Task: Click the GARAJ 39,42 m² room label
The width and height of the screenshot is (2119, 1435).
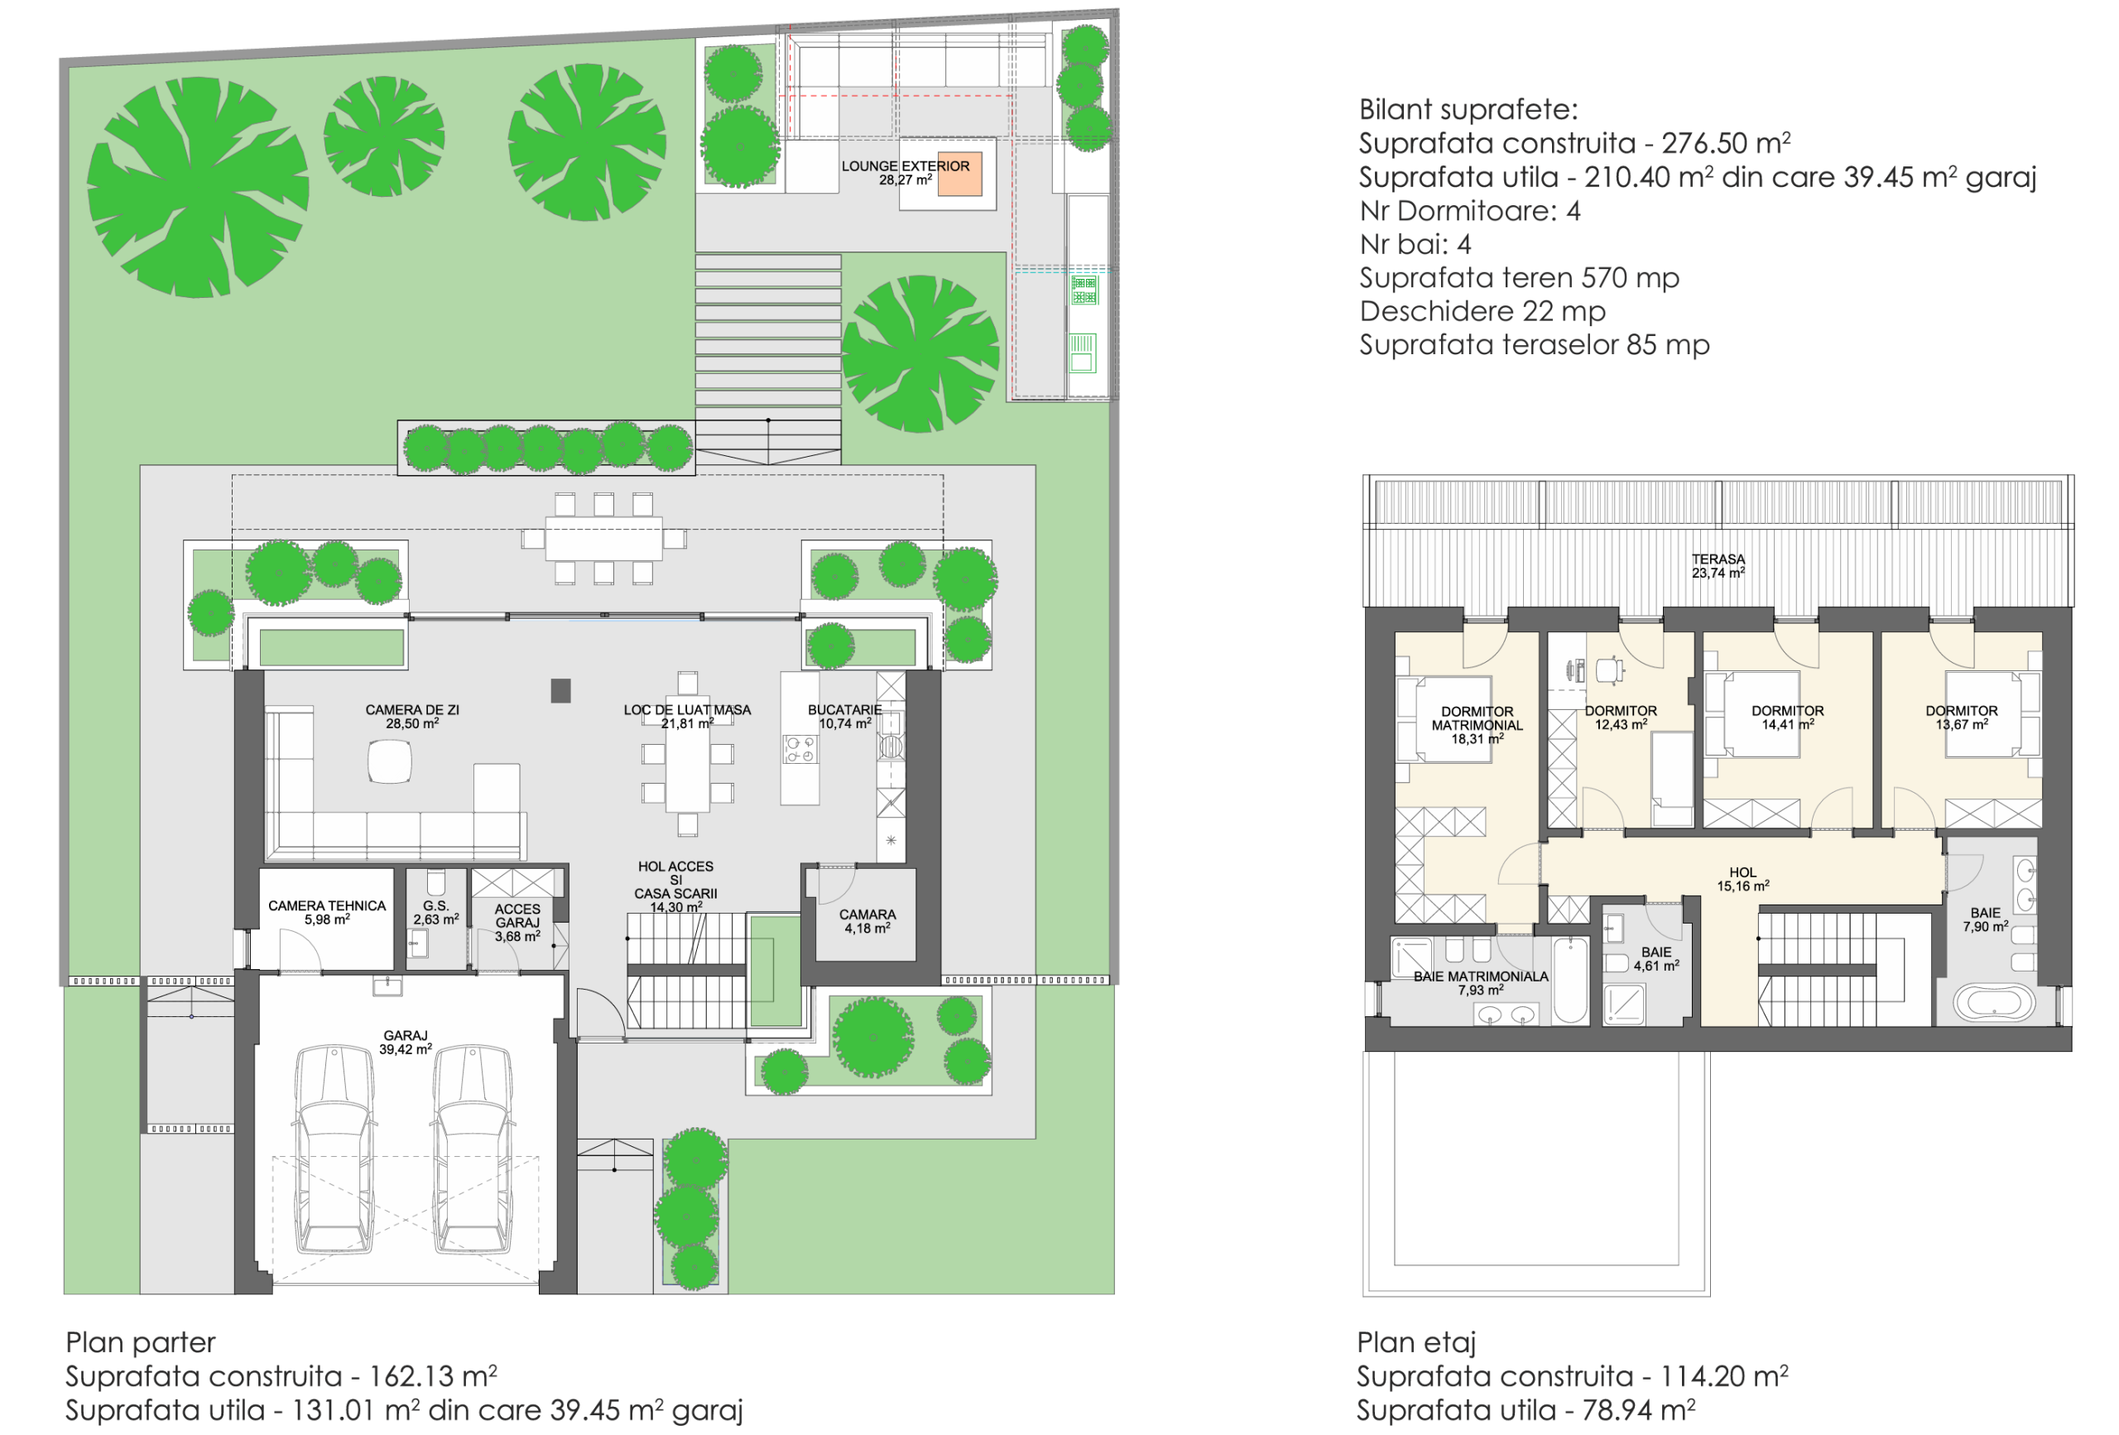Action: (405, 1042)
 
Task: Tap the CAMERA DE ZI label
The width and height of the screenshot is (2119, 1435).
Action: (412, 716)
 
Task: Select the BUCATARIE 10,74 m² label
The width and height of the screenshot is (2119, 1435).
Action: (844, 716)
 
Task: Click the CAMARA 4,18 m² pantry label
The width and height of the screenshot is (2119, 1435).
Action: (867, 921)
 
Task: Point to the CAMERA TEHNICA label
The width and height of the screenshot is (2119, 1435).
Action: (326, 912)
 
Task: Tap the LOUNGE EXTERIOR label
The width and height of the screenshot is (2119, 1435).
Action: (905, 172)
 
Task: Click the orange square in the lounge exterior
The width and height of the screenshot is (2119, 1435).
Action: (959, 174)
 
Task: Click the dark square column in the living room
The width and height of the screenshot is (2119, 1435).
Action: (560, 690)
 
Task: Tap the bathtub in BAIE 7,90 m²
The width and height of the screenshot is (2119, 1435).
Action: (1993, 1003)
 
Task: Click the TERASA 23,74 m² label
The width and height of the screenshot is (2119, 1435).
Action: (1718, 565)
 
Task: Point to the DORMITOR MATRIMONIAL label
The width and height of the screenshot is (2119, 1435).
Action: (1478, 725)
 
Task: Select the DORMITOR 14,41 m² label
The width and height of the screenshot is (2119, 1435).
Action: (1787, 717)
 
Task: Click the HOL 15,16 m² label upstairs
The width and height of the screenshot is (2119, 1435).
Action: (1742, 879)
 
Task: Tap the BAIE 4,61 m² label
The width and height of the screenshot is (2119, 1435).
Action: (1655, 958)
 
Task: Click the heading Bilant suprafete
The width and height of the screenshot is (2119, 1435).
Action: (1468, 109)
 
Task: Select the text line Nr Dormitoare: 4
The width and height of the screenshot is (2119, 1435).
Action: (1469, 210)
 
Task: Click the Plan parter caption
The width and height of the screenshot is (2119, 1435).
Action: (141, 1342)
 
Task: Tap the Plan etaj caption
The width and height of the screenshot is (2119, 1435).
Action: (1415, 1342)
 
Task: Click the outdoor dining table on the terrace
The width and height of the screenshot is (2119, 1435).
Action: (603, 538)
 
